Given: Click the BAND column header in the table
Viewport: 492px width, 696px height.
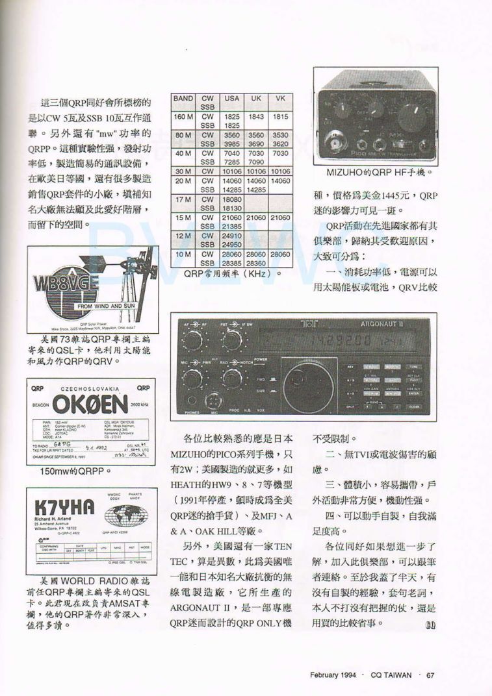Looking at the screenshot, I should click(183, 99).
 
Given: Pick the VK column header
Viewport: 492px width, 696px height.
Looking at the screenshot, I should click(280, 99).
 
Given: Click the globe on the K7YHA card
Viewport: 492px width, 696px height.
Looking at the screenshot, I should click(126, 516).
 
